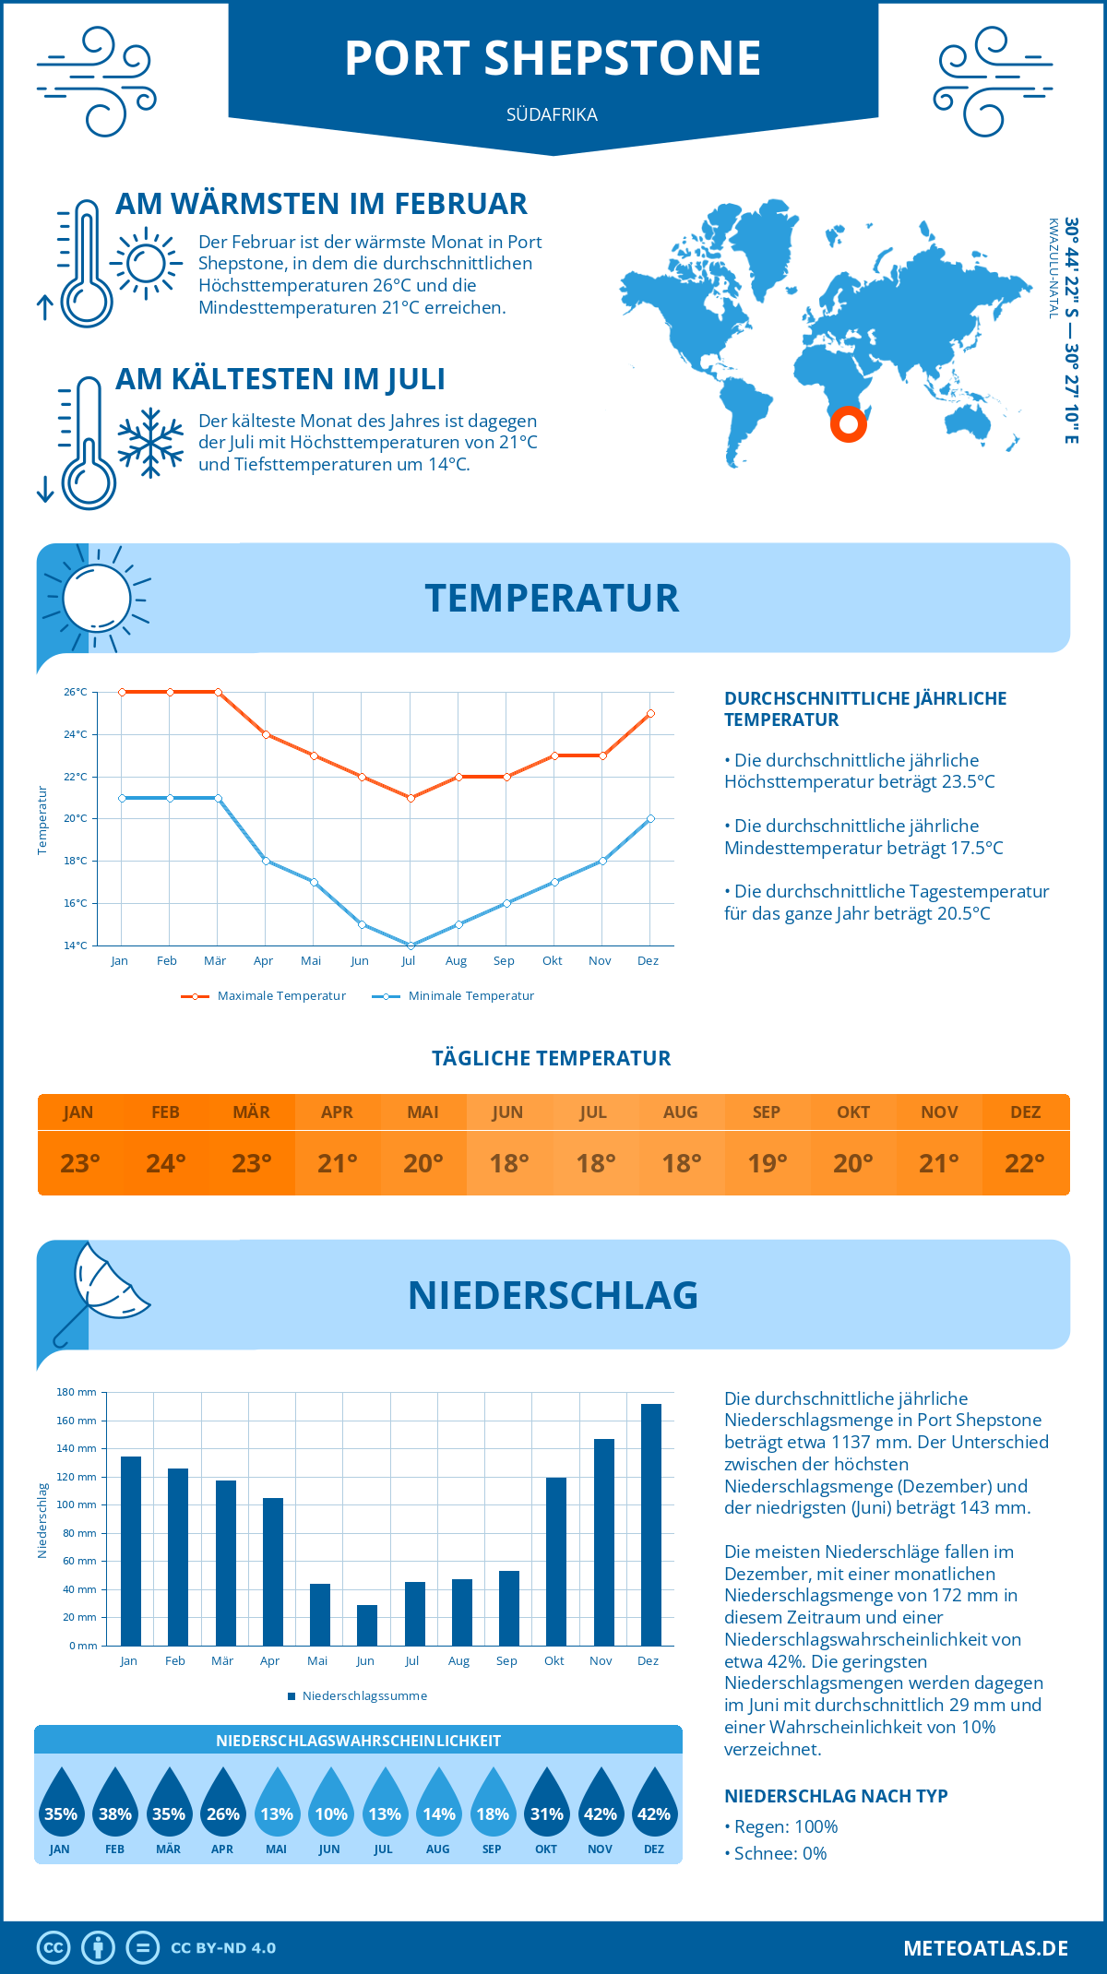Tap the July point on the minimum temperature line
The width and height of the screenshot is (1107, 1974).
411,945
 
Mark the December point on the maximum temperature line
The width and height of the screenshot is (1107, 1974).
650,713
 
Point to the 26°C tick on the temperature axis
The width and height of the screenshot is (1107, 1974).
76,692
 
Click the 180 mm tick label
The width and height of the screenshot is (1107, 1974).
77,1392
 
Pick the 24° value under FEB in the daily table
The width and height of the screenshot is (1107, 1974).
166,1163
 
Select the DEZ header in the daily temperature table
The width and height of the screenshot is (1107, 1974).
1026,1112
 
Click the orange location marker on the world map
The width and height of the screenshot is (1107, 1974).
848,424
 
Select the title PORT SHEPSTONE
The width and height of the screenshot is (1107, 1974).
553,58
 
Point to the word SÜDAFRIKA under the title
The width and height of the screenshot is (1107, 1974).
552,114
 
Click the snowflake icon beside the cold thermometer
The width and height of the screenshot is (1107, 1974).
150,443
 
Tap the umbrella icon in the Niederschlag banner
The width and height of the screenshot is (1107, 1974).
101,1288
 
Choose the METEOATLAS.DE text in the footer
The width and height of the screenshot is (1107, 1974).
985,1948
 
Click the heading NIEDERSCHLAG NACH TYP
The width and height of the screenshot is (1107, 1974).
836,1795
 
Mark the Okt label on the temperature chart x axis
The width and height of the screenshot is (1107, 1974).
552,960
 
